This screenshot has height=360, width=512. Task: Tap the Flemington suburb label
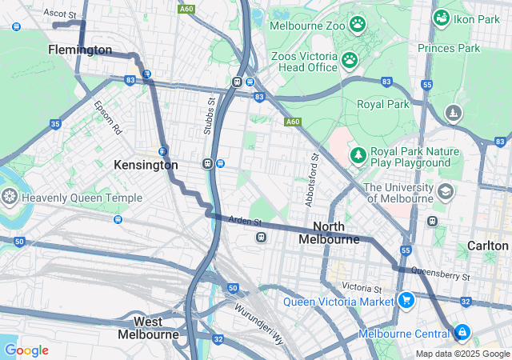click(80, 50)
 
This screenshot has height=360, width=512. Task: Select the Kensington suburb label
click(146, 165)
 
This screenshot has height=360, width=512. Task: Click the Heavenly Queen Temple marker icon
click(10, 197)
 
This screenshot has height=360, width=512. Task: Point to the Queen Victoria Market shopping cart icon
click(406, 301)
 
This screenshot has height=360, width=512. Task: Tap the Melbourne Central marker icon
click(462, 332)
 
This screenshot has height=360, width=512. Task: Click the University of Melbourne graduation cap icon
click(445, 192)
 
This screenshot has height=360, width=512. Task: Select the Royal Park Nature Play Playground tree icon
click(358, 154)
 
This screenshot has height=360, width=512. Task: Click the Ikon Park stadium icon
click(441, 17)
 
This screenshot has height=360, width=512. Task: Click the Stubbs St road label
click(211, 117)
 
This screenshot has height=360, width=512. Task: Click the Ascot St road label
click(60, 14)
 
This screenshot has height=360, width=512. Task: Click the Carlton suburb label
click(488, 246)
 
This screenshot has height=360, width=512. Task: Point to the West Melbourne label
click(148, 328)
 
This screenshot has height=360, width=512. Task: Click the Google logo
click(26, 350)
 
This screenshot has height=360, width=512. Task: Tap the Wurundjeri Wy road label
click(259, 316)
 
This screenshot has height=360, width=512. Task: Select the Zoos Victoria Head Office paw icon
click(350, 59)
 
